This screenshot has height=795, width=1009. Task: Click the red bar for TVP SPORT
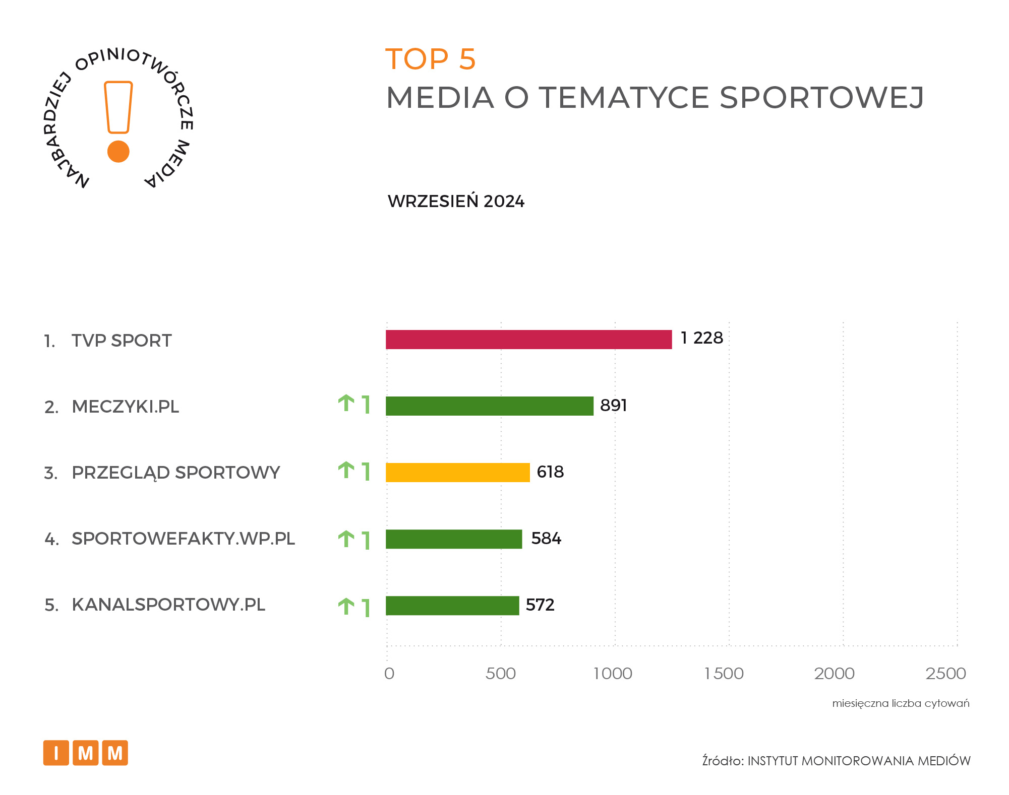tap(528, 340)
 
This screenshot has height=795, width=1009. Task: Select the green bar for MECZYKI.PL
tap(489, 406)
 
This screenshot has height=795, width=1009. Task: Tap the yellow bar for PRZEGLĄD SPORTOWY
tap(457, 473)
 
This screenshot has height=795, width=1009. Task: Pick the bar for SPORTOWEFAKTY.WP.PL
tap(453, 539)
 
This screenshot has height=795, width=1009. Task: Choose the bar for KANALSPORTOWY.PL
tap(452, 606)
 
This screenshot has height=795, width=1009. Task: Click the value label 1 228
tap(701, 338)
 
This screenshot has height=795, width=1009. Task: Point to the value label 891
tap(613, 405)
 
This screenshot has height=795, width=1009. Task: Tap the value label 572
tap(540, 605)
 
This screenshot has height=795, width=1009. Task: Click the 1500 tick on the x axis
tap(724, 674)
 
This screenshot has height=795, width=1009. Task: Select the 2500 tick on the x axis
tap(945, 674)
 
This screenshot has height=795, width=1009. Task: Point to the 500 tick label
tap(500, 674)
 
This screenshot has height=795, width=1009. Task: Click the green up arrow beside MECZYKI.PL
tap(346, 404)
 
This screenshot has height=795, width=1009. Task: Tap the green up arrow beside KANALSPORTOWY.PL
tap(346, 606)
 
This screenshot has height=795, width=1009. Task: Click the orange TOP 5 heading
tap(430, 59)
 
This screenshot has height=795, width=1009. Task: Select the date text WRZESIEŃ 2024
tap(456, 202)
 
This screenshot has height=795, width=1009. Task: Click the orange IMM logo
tap(85, 753)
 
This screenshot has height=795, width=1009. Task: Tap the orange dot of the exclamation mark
tap(118, 151)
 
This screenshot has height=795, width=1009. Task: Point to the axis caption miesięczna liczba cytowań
tap(901, 703)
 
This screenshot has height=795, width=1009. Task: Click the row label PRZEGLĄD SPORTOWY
tap(175, 473)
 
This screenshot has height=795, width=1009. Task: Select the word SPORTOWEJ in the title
tap(821, 97)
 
